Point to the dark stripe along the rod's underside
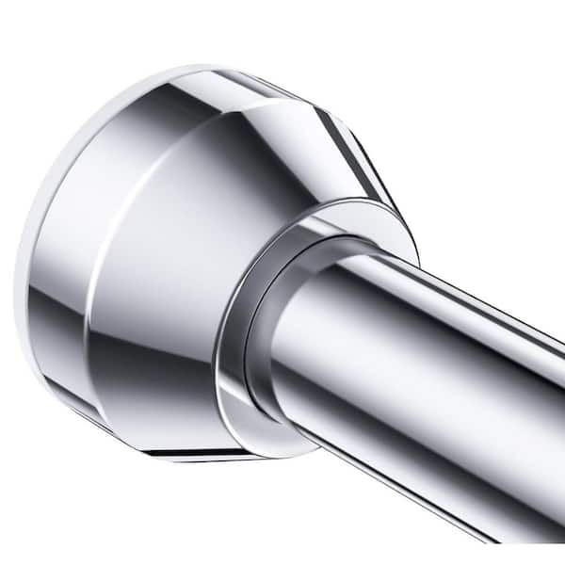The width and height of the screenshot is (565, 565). (424, 452)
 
